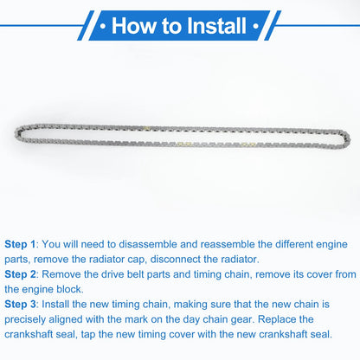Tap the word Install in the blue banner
click(216, 26)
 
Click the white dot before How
click(103, 26)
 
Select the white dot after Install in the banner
click(255, 26)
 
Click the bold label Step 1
click(20, 245)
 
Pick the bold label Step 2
click(20, 274)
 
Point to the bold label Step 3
click(20, 305)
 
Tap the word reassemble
click(228, 244)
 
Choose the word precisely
click(25, 320)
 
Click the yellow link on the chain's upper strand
click(147, 128)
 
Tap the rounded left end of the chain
click(18, 133)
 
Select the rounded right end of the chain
click(347, 139)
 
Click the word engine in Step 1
click(331, 245)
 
